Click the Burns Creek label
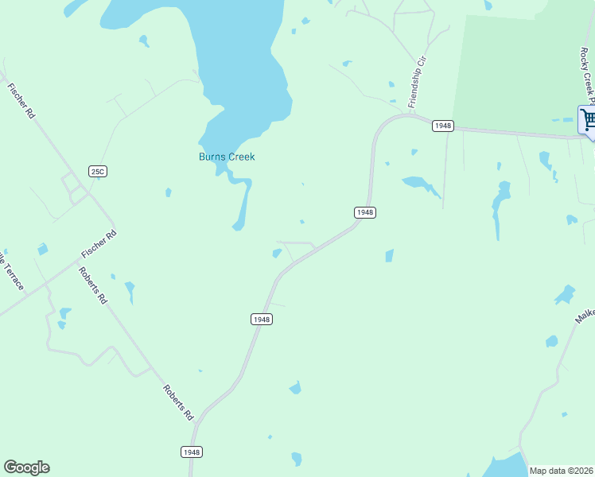227,157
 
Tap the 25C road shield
98,171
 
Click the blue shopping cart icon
588,120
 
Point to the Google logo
26,467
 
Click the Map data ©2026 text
561,471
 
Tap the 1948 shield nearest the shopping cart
443,126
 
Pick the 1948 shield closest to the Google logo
192,452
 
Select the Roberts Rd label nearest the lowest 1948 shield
178,402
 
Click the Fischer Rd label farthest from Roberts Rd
21,101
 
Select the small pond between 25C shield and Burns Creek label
168,192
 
